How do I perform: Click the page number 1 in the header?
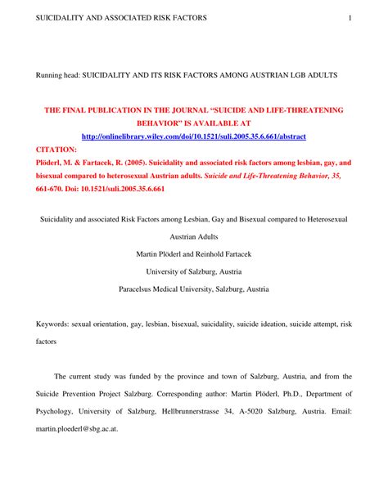click(350, 17)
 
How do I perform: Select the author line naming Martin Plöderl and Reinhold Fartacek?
click(193, 253)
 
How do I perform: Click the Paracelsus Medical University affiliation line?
click(193, 289)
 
